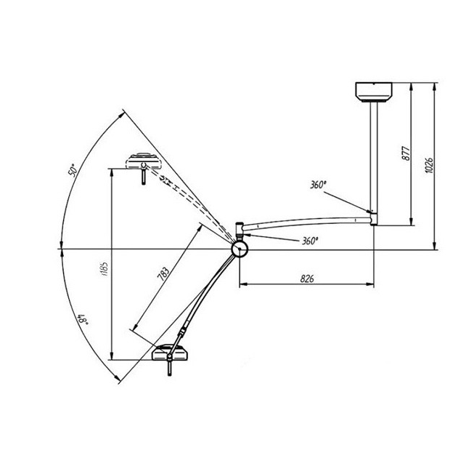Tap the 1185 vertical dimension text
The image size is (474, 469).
(x=105, y=270)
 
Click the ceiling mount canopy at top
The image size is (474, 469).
(x=374, y=92)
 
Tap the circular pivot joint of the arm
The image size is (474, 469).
(x=239, y=249)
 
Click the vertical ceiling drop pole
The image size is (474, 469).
(x=374, y=156)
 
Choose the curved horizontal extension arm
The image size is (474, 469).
(x=305, y=223)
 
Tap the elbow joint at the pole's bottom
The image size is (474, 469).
(x=373, y=216)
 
